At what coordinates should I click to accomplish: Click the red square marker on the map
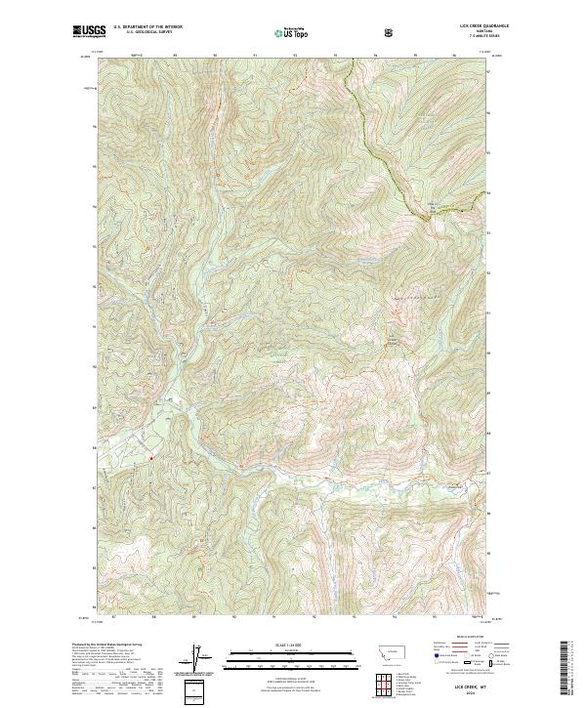tap(151, 455)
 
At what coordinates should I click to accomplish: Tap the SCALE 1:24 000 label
tap(292, 644)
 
